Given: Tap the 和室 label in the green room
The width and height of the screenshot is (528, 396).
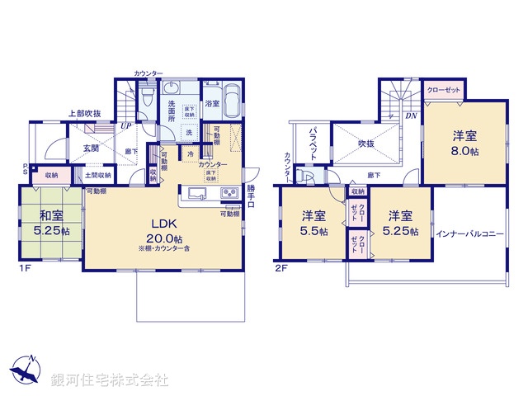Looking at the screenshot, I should coord(49,218).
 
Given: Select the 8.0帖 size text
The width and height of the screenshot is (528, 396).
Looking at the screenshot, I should coord(464,152).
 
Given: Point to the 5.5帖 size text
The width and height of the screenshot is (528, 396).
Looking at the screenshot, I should coord(313,233).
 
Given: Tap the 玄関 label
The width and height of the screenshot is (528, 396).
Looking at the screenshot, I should coord(91,148).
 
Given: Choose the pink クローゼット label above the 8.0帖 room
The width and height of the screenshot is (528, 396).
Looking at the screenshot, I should coord(444,89).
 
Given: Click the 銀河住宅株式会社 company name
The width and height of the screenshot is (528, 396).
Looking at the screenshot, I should coord(110,379).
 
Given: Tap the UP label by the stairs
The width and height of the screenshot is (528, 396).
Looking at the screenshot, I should coord(126,125).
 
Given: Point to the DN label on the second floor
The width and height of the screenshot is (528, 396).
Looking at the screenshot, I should coord(411,115).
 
